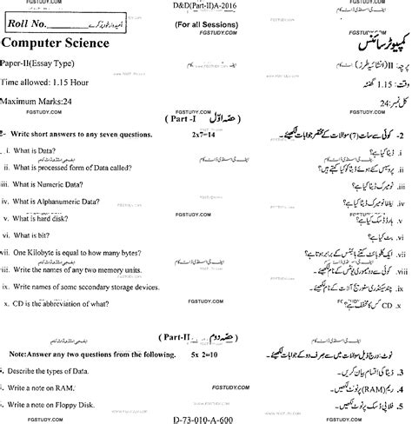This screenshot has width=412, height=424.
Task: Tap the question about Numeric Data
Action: tap(51, 184)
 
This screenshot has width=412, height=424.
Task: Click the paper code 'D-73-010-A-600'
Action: tap(206, 418)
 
